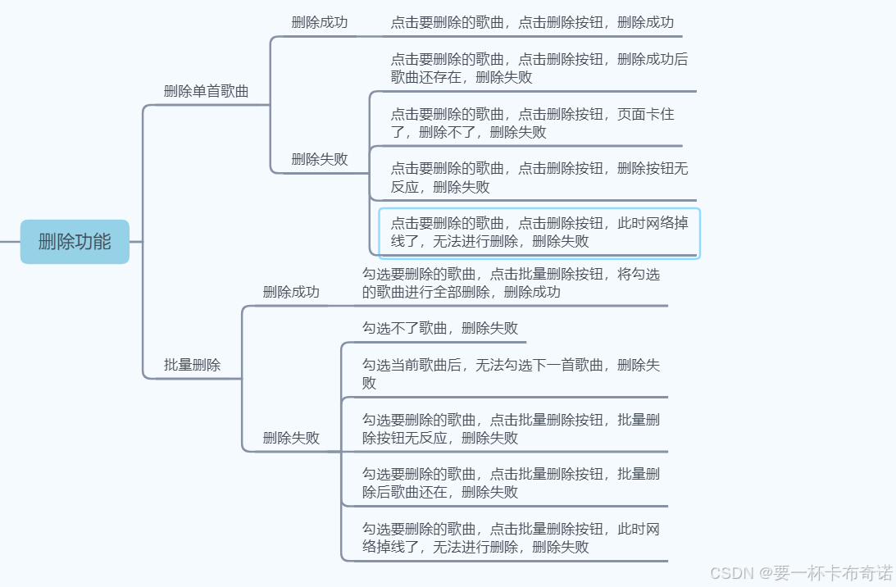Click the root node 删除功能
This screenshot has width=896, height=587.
pyautogui.click(x=75, y=242)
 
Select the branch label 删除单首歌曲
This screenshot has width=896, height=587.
pyautogui.click(x=206, y=91)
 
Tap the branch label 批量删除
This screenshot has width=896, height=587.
pyautogui.click(x=192, y=365)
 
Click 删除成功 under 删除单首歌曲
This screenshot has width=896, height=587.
pyautogui.click(x=319, y=22)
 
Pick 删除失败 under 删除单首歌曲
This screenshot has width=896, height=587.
pyautogui.click(x=319, y=159)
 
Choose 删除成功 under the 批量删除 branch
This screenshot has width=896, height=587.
pyautogui.click(x=290, y=292)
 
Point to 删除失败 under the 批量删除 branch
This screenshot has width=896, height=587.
pyautogui.click(x=290, y=438)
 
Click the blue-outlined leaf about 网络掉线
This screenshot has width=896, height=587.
pyautogui.click(x=539, y=232)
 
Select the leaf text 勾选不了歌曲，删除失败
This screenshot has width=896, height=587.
pyautogui.click(x=440, y=328)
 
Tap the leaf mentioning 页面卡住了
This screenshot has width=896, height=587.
pyautogui.click(x=532, y=123)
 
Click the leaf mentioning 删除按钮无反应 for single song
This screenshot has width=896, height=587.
pyautogui.click(x=539, y=177)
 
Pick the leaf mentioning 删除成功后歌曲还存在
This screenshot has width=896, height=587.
pyautogui.click(x=539, y=68)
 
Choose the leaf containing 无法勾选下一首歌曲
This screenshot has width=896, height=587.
pyautogui.click(x=511, y=373)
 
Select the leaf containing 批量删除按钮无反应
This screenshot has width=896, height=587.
pyautogui.click(x=511, y=428)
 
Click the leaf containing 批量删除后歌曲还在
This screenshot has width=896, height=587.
pyautogui.click(x=511, y=482)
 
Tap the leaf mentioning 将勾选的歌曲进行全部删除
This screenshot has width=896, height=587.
pyautogui.click(x=511, y=283)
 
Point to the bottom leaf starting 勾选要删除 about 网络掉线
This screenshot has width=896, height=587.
pyautogui.click(x=511, y=537)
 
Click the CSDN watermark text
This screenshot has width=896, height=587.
pyautogui.click(x=800, y=572)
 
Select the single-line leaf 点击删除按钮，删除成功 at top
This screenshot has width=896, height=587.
pyautogui.click(x=532, y=22)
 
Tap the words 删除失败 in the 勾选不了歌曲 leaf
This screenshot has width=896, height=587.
pyautogui.click(x=489, y=328)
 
